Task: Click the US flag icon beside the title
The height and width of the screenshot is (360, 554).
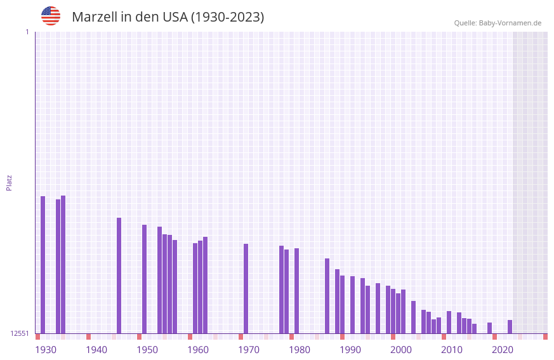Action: pyautogui.click(x=51, y=16)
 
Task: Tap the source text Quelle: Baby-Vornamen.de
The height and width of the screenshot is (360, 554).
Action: pyautogui.click(x=498, y=23)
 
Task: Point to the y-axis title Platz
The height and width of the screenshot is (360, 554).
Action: pyautogui.click(x=9, y=182)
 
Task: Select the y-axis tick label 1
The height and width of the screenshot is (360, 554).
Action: pyautogui.click(x=27, y=32)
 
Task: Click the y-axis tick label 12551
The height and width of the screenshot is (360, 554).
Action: pyautogui.click(x=20, y=333)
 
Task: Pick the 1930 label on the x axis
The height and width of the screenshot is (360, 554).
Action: pyautogui.click(x=46, y=350)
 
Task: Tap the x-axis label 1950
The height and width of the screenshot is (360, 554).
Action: pyautogui.click(x=147, y=350)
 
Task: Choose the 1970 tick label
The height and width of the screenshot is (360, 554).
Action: pyautogui.click(x=249, y=350)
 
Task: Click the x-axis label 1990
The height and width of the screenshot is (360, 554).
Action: pyautogui.click(x=350, y=350)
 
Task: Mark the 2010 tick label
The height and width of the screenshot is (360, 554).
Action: pyautogui.click(x=452, y=350)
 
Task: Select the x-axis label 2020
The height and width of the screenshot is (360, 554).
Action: pyautogui.click(x=503, y=350)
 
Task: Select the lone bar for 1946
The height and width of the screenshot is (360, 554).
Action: pyautogui.click(x=119, y=276)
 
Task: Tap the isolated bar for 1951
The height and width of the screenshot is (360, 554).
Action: pyautogui.click(x=145, y=279)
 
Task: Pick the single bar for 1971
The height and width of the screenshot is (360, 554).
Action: pyautogui.click(x=246, y=289)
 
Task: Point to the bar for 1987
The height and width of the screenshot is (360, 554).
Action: pyautogui.click(x=327, y=296)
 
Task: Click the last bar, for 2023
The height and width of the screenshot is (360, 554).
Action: pyautogui.click(x=510, y=327)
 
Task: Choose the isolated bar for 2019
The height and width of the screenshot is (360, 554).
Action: pyautogui.click(x=490, y=328)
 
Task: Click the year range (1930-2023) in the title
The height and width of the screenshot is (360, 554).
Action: pyautogui.click(x=227, y=17)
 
